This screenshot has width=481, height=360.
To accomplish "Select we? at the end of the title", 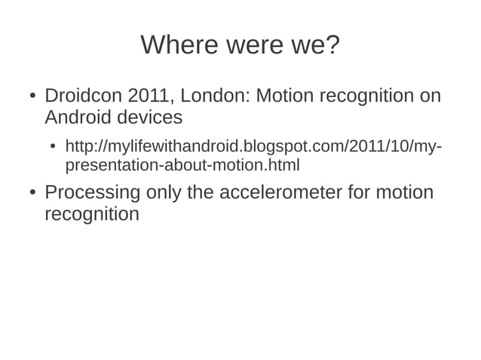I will coord(313,47).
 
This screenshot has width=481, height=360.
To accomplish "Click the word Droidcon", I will coord(83,97).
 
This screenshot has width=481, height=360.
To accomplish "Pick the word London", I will coord(215,97).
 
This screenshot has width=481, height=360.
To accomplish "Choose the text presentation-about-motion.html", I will coord(182,164).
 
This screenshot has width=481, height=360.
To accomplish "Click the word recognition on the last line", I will coord(91,214).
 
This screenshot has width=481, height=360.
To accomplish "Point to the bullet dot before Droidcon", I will coord(32,98).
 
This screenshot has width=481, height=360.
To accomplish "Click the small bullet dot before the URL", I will coord(53,146).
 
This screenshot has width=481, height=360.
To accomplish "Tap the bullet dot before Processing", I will coord(32,194).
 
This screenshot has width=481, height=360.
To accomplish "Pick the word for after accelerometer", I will coord(363,193).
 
